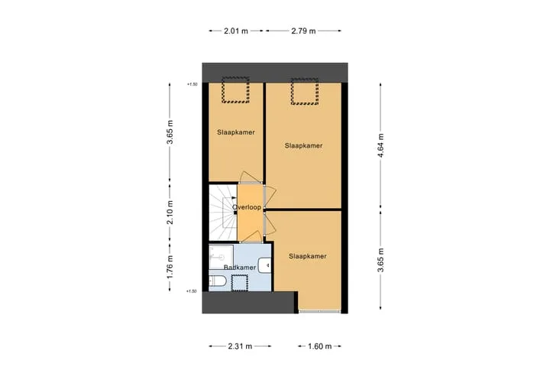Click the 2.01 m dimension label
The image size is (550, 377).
point(236,31)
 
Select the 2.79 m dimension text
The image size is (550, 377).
point(303,31)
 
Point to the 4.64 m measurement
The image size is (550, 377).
point(380,145)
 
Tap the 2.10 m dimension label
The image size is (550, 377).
point(170,213)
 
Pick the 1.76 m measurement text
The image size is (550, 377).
point(170,267)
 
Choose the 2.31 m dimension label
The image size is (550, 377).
point(240,346)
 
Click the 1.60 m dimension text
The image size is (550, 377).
point(319,346)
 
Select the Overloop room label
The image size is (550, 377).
point(247,207)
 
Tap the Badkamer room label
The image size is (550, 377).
point(240,268)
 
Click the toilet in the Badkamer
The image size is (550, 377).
point(218,281)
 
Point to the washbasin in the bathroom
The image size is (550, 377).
point(265,265)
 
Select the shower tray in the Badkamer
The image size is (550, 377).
point(221,257)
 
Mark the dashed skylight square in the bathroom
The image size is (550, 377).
point(240,283)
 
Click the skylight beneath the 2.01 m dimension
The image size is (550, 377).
point(235,90)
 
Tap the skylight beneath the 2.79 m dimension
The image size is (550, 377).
point(305,92)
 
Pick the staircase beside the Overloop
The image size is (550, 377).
point(223,212)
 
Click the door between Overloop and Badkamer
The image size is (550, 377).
point(251,238)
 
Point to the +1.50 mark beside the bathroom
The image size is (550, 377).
point(192,291)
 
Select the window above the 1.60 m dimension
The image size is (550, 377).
point(319,311)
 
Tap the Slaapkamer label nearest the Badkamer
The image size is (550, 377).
point(308,256)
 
